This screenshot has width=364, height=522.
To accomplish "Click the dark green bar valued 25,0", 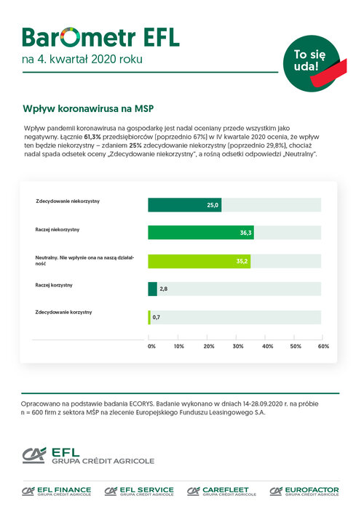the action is (x=185, y=205).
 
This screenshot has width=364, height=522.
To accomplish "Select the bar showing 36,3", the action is (x=201, y=233).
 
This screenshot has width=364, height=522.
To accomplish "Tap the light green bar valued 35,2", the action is (x=199, y=261).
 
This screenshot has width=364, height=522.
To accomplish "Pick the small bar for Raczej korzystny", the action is (x=152, y=289).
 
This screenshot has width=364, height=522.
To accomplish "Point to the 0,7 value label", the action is (x=157, y=317).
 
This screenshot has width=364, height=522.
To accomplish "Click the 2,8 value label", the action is (x=163, y=289).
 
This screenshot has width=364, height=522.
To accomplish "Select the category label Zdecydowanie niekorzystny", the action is (x=68, y=201).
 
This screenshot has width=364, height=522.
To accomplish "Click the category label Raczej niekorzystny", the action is (x=58, y=230).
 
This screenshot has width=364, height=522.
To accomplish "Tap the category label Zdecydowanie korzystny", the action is (x=63, y=313).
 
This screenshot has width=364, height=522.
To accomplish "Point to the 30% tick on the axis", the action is (x=236, y=337).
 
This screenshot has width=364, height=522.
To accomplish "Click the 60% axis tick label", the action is (x=323, y=346).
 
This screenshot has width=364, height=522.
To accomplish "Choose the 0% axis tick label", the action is (x=151, y=346).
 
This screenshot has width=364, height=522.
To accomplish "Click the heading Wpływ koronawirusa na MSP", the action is (x=88, y=109).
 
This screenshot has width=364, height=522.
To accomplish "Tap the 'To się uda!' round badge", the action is (x=312, y=63).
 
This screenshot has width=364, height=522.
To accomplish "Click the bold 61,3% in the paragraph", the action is (x=92, y=137).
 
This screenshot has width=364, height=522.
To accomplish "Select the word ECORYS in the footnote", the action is (x=141, y=403).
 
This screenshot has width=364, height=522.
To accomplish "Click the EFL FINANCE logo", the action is (x=56, y=491).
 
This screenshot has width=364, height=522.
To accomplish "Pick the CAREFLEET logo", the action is (x=221, y=491).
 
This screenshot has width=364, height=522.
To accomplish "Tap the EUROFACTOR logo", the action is (x=304, y=491).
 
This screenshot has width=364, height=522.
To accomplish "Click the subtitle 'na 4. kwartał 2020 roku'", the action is (x=82, y=60).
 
